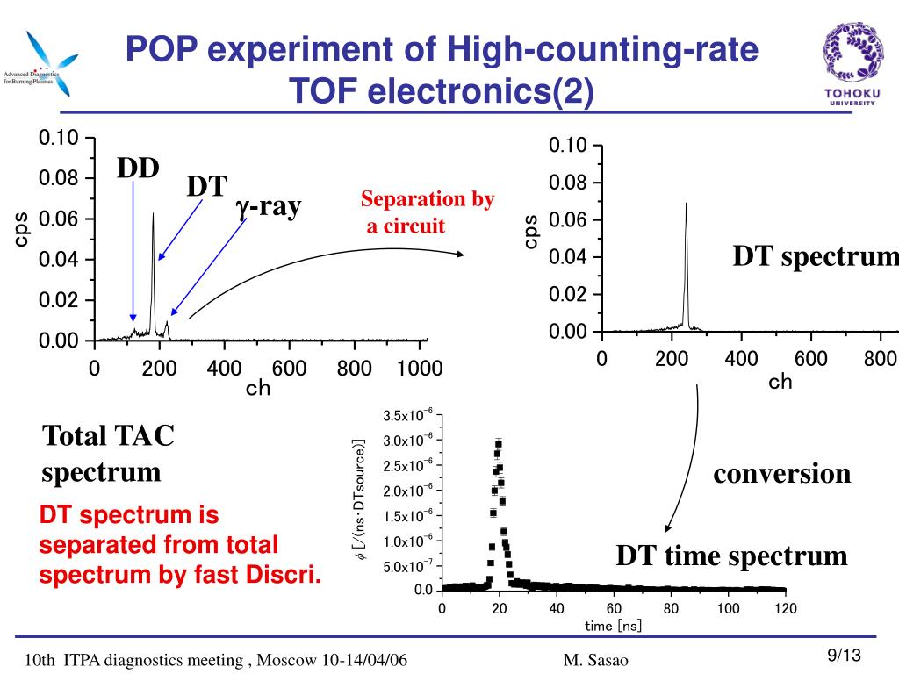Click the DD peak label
pos(139,168)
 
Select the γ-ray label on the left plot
pos(268,207)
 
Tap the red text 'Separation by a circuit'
pos(428,213)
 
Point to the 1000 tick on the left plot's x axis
pos(419,369)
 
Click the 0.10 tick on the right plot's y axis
pos(567,145)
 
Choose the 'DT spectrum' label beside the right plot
pos(816,256)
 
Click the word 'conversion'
pos(781,474)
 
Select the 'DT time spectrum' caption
pos(731,556)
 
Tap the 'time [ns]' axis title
pos(614,626)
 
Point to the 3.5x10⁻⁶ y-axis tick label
pos(407,415)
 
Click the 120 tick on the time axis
pos(786,609)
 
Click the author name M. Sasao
pos(596,660)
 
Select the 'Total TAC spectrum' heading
pos(108,453)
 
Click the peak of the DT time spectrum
pos(499,443)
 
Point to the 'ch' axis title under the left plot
pos(258,388)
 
